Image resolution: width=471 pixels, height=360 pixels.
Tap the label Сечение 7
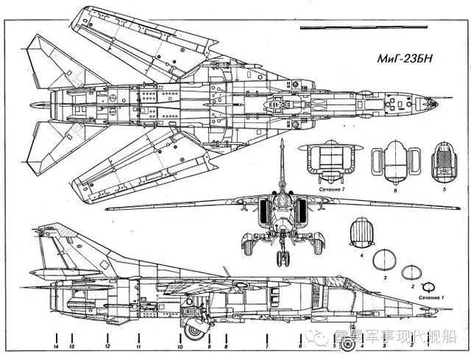332,190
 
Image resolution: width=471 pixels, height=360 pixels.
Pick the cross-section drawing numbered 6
392,163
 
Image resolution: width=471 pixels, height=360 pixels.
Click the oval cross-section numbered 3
386,259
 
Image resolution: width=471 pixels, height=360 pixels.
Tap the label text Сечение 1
432,296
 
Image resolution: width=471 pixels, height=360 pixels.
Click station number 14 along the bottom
56,346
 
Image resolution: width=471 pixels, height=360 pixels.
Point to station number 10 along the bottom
180,346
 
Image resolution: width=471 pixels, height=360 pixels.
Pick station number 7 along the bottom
266,346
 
